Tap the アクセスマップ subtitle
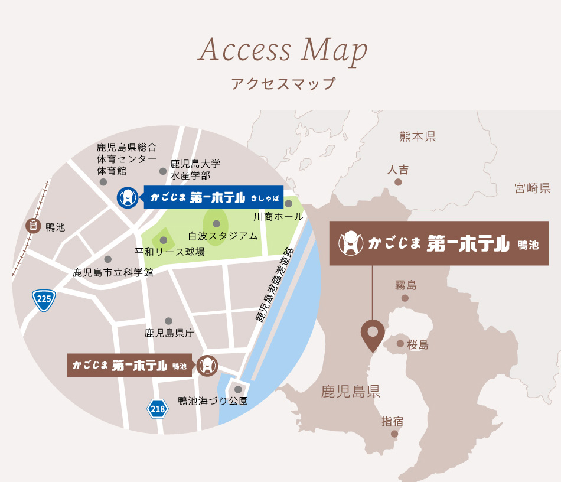pyautogui.click(x=283, y=83)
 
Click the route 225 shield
pyautogui.click(x=44, y=300)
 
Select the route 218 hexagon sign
pyautogui.click(x=157, y=408)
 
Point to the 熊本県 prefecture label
pyautogui.click(x=418, y=137)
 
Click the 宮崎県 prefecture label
pyautogui.click(x=532, y=188)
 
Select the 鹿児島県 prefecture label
pyautogui.click(x=351, y=391)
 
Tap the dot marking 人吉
pyautogui.click(x=398, y=182)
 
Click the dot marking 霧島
pyautogui.click(x=405, y=298)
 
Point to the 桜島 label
pyautogui.click(x=418, y=345)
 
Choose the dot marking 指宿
pyautogui.click(x=394, y=434)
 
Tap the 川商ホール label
pyautogui.click(x=278, y=217)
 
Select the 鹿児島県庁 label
pyautogui.click(x=169, y=333)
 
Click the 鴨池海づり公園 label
pyautogui.click(x=213, y=401)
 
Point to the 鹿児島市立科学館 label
pyautogui.click(x=113, y=272)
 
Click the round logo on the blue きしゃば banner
pyautogui.click(x=128, y=197)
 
